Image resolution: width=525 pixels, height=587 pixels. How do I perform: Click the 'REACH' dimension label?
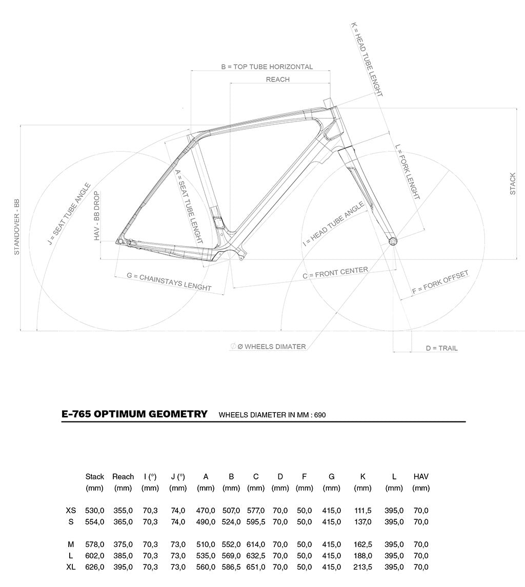tap(278, 79)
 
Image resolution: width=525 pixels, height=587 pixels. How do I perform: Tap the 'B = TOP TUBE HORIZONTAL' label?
tap(267, 67)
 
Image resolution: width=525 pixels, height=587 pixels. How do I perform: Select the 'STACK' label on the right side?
tap(513, 184)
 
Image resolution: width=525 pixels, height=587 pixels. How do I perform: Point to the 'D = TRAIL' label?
tap(441, 348)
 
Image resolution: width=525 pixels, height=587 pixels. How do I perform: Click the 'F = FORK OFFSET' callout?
tap(440, 282)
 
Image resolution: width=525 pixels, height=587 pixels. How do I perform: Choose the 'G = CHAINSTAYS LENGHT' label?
tap(169, 281)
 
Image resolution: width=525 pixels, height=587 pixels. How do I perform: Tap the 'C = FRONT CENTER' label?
tap(335, 273)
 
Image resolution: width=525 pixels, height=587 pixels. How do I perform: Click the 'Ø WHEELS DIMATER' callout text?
tap(271, 347)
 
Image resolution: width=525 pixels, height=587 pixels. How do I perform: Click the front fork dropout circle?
tap(393, 240)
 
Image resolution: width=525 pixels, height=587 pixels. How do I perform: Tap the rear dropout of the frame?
tap(120, 240)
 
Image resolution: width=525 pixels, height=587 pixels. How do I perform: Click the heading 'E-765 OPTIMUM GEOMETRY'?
tap(134, 414)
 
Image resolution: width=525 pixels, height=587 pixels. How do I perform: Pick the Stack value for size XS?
tap(95, 511)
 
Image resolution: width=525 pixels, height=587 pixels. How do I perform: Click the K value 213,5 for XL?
tap(362, 567)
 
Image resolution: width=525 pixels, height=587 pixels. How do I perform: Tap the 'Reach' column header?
tap(123, 477)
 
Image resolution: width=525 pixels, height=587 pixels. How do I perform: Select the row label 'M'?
tap(71, 544)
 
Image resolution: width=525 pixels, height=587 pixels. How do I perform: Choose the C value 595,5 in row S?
tap(256, 522)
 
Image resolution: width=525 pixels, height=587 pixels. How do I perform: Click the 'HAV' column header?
tap(421, 477)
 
